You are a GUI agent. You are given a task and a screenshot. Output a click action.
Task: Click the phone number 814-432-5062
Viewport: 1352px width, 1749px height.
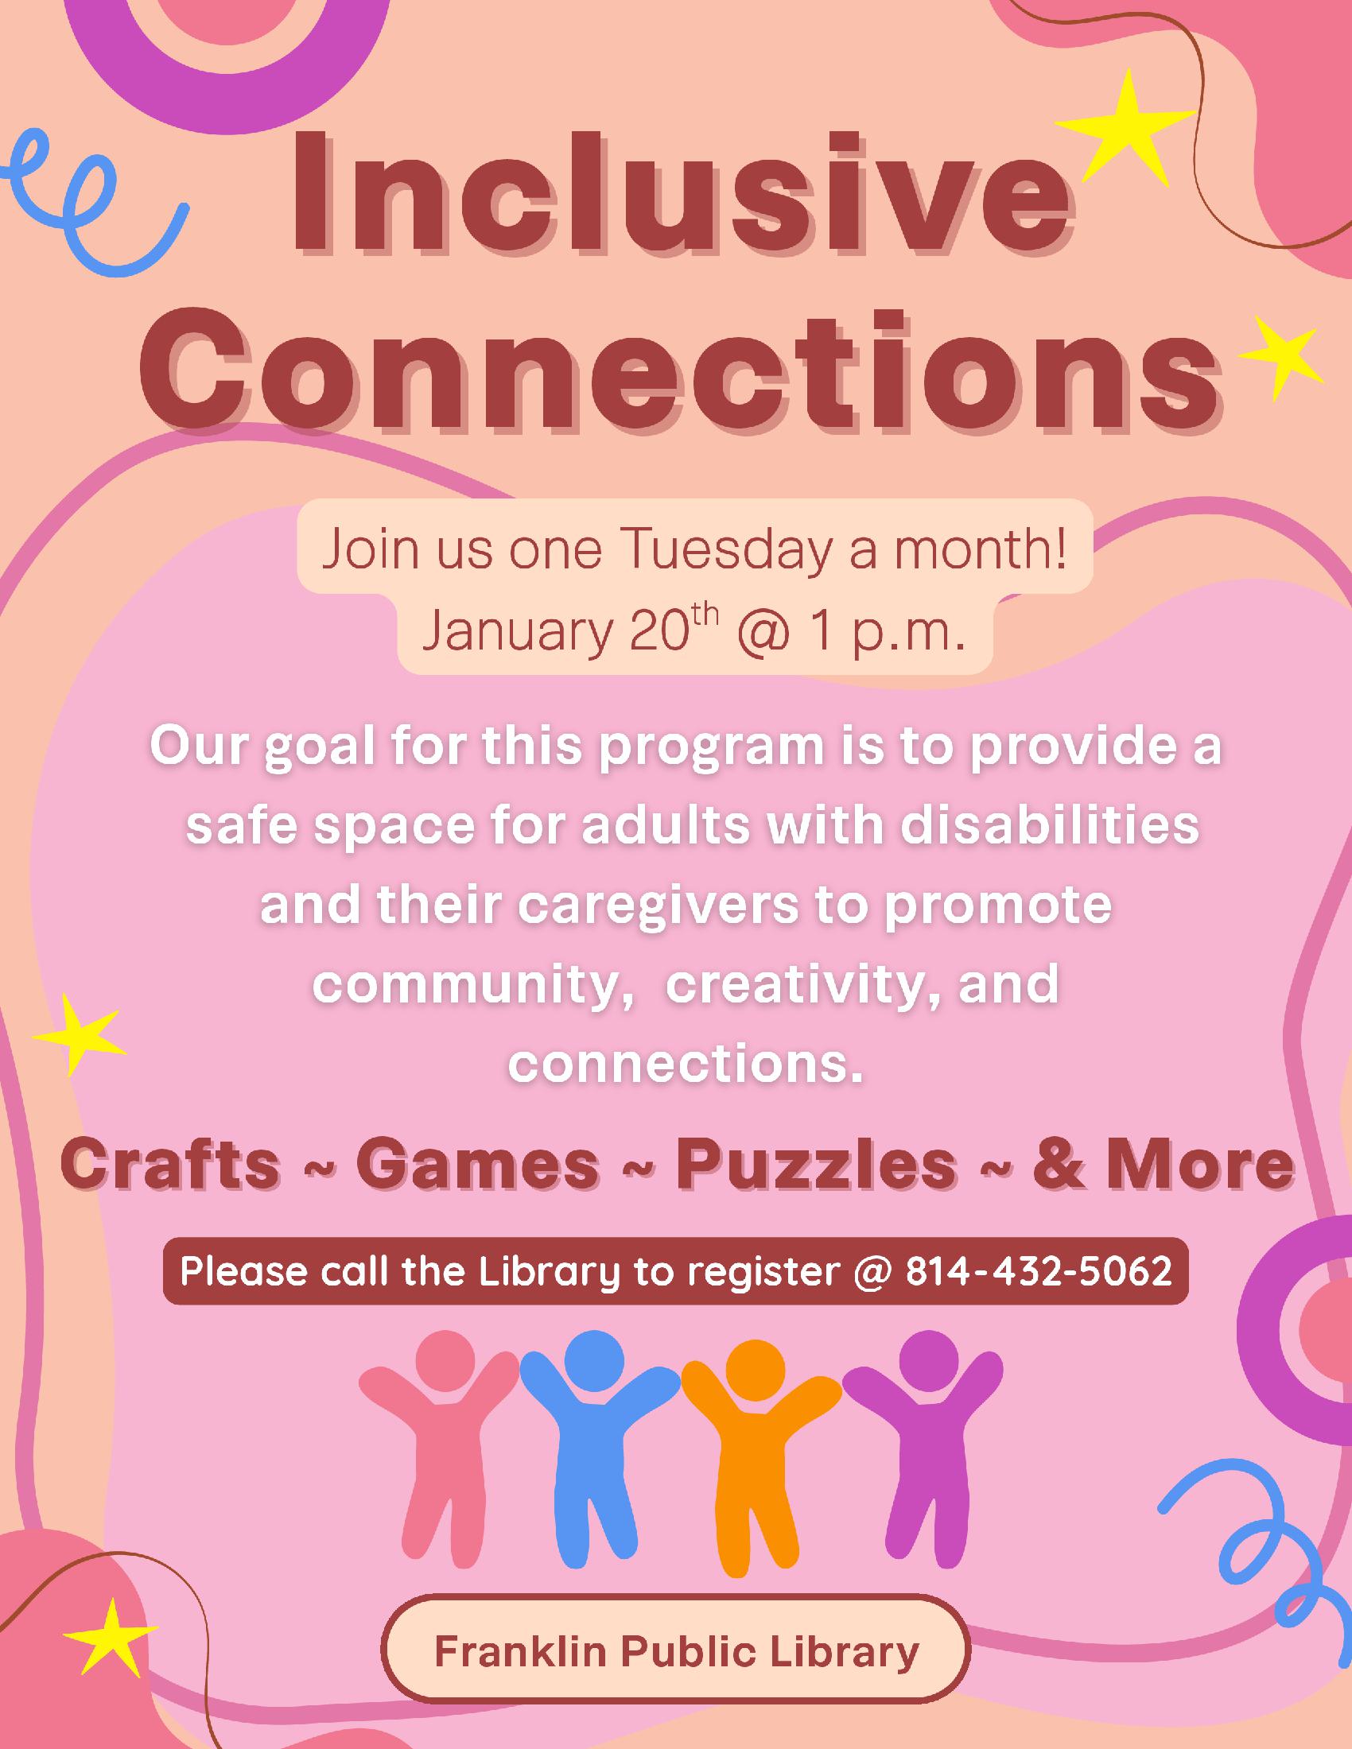pos(1039,1271)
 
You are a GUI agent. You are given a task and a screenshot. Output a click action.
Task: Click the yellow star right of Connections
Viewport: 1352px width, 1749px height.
pos(1278,357)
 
